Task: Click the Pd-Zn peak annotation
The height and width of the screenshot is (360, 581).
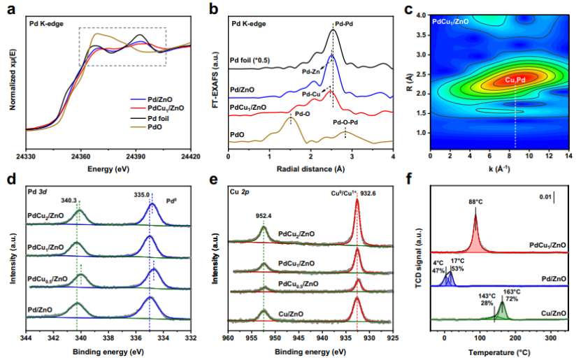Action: (x=313, y=71)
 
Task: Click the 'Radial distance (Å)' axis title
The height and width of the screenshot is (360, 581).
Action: (x=310, y=168)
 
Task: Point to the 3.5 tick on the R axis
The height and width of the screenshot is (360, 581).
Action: (x=422, y=34)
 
